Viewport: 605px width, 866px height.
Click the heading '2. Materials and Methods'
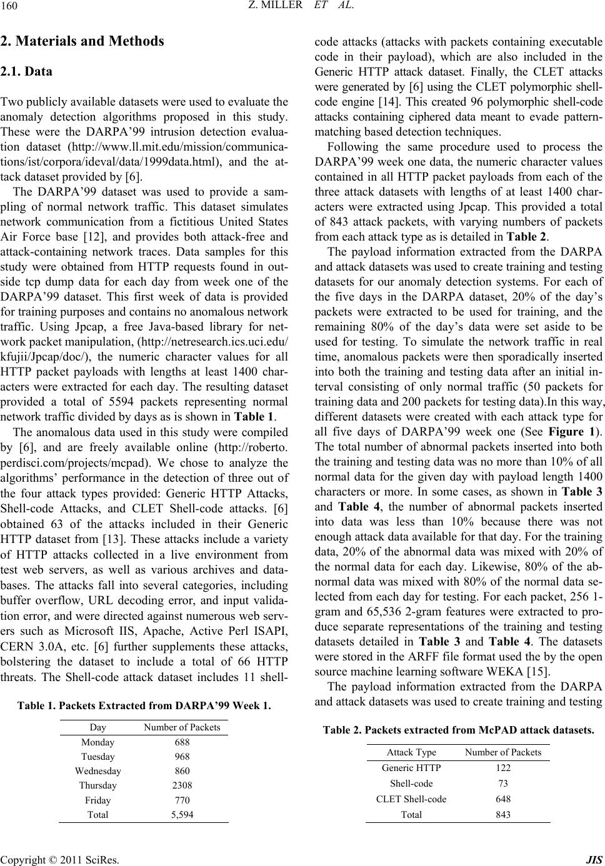(x=82, y=41)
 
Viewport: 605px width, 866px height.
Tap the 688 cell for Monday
(x=182, y=742)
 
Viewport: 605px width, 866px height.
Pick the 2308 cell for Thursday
(x=182, y=785)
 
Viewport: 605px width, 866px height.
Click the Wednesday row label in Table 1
(x=97, y=771)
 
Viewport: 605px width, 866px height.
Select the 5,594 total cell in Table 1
(x=182, y=815)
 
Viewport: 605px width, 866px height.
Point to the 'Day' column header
(x=97, y=727)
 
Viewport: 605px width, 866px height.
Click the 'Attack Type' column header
(x=411, y=752)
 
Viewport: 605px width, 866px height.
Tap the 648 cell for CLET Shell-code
(x=502, y=799)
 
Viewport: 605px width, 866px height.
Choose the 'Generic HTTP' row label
(x=411, y=768)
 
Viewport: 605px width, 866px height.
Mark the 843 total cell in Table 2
(x=502, y=814)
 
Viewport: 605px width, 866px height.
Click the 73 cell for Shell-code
(x=502, y=783)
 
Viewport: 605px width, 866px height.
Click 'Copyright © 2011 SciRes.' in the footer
(x=60, y=859)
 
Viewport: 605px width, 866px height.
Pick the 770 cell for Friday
(x=182, y=800)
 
